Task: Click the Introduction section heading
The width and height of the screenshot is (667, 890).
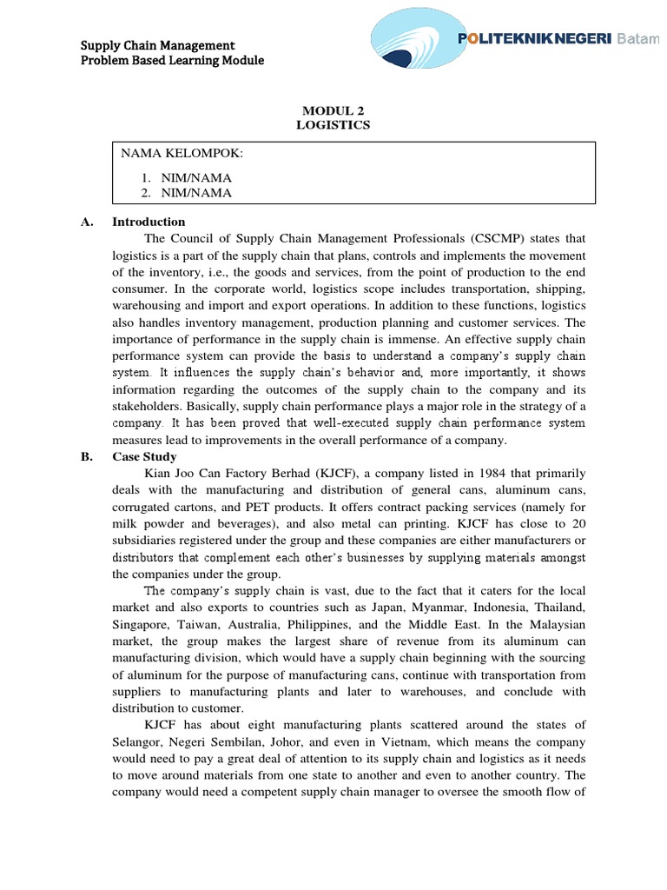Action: pyautogui.click(x=149, y=222)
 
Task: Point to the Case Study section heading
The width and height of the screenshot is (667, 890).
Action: pyautogui.click(x=144, y=456)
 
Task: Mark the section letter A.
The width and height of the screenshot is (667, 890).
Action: pyautogui.click(x=86, y=222)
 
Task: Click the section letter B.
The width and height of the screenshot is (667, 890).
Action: pyautogui.click(x=86, y=456)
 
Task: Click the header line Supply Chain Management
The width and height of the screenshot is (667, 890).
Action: pyautogui.click(x=158, y=44)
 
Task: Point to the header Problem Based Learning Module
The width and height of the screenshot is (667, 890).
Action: pyautogui.click(x=172, y=60)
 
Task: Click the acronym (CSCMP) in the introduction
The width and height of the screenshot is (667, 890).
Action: pyautogui.click(x=502, y=238)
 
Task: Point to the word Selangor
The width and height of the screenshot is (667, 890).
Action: pyautogui.click(x=139, y=741)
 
